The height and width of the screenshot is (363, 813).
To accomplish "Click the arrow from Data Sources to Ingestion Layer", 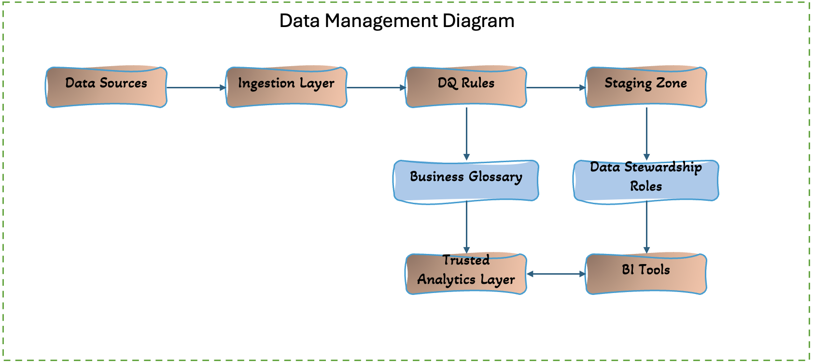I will pos(196,88).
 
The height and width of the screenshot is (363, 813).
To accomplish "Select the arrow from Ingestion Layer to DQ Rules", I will pos(376,88).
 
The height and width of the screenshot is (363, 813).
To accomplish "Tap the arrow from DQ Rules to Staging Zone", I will pos(556,88).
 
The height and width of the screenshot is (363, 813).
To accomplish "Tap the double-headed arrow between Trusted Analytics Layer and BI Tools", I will pos(556,274).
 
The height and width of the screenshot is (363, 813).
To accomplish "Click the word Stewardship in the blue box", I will pos(663,168).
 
